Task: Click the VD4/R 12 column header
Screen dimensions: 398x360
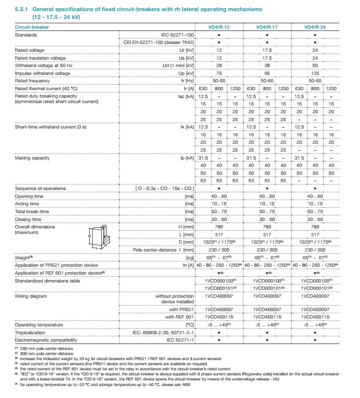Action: pyautogui.click(x=219, y=27)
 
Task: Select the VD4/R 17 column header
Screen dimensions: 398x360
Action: pyautogui.click(x=267, y=27)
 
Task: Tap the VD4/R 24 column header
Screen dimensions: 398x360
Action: pyautogui.click(x=315, y=27)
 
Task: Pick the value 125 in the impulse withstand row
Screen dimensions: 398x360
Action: pyautogui.click(x=315, y=73)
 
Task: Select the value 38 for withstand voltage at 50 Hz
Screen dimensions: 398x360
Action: pyautogui.click(x=267, y=65)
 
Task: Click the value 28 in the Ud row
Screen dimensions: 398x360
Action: pyautogui.click(x=219, y=65)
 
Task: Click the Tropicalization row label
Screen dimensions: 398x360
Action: pyautogui.click(x=30, y=332)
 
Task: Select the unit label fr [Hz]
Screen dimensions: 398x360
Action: pyautogui.click(x=186, y=80)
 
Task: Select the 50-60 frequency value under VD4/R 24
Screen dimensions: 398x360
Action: pyautogui.click(x=315, y=80)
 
